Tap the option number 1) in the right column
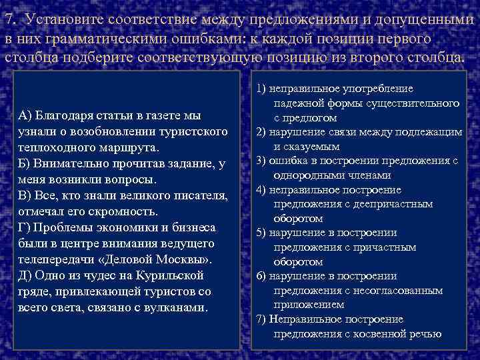click(x=261, y=89)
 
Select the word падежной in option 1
click(x=297, y=103)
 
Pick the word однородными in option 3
click(x=306, y=175)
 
